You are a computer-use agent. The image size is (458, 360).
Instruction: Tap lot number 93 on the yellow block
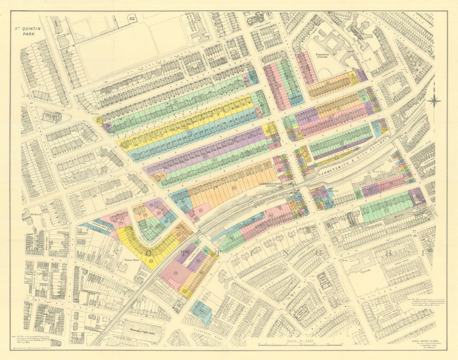(151, 261)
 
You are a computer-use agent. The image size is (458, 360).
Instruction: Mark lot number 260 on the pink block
(271, 215)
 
